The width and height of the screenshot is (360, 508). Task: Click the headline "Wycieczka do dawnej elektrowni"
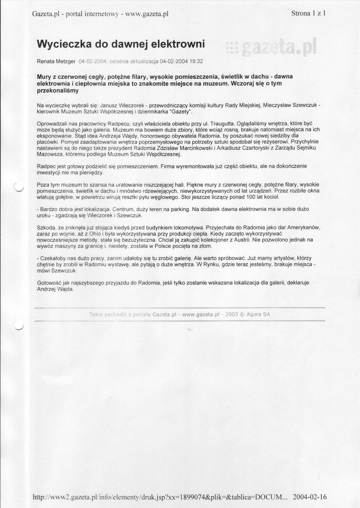point(121,44)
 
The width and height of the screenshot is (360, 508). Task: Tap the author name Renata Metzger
point(57,61)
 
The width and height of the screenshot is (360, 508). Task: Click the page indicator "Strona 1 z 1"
point(308,13)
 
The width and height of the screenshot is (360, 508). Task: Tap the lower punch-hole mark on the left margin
point(18,325)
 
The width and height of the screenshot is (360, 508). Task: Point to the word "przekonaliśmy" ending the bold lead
point(58,91)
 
